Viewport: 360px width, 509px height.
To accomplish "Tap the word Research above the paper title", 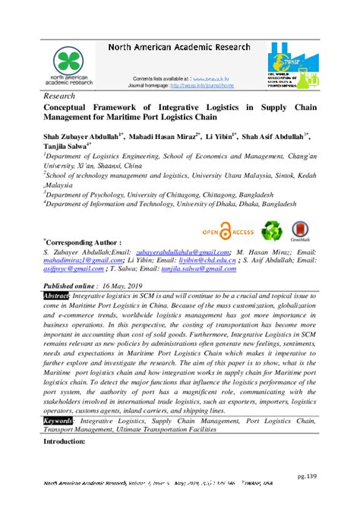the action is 61,98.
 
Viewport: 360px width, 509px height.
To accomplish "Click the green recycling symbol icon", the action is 270,229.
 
